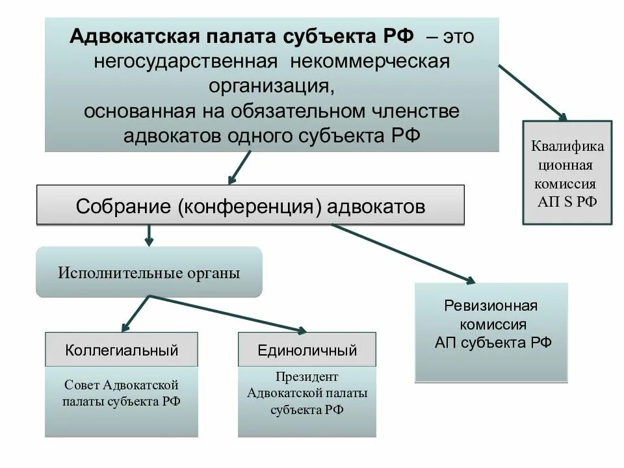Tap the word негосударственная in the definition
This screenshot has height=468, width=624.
coord(184,62)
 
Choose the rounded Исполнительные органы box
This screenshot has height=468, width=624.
coord(149,272)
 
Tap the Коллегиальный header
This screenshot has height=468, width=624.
coord(122,350)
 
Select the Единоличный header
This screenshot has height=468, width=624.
coord(307,350)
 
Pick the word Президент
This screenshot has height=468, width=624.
coord(307,377)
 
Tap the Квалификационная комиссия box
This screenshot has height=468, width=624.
coord(567,172)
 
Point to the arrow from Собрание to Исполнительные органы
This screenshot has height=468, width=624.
coord(149,235)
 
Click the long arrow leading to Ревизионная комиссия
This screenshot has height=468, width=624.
coord(403,253)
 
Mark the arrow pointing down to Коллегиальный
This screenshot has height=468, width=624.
coord(135,313)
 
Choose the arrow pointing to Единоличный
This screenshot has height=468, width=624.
coord(227,313)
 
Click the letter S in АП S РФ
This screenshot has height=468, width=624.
coord(567,201)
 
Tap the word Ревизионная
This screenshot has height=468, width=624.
coord(491,305)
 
